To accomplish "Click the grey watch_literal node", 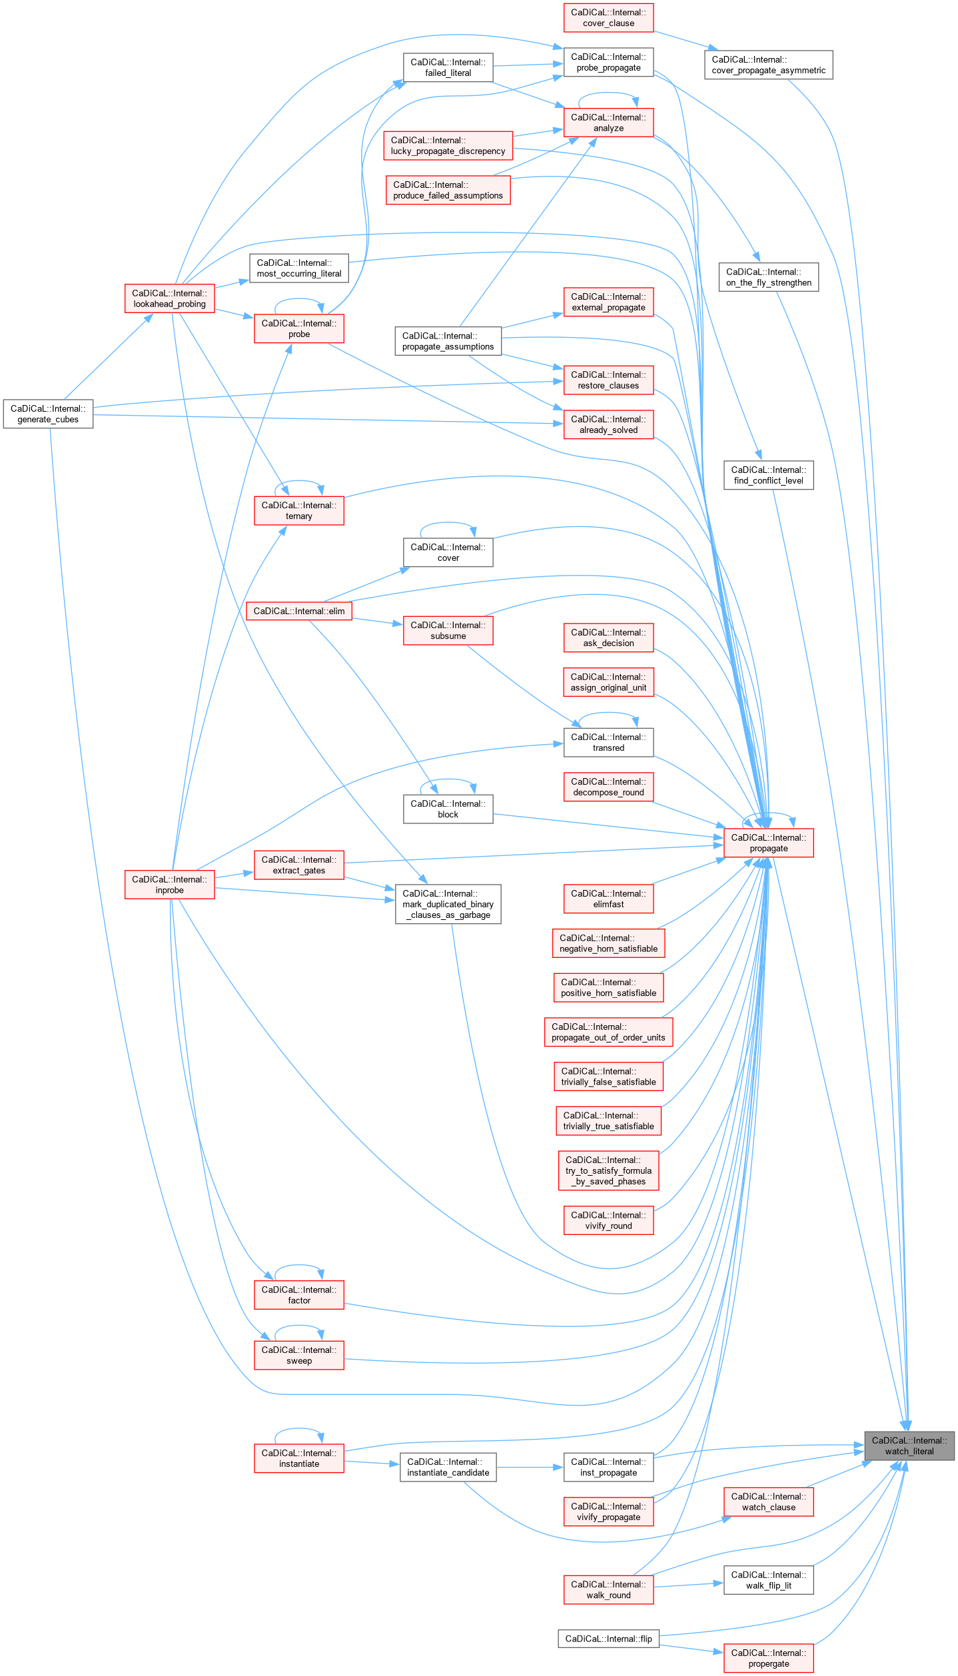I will [909, 1446].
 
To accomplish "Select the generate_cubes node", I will [48, 414].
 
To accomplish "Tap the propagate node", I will [768, 843].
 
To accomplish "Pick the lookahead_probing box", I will [169, 298].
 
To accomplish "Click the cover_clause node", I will [608, 17].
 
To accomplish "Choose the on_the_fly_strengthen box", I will [768, 277].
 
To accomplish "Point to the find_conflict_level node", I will [768, 475].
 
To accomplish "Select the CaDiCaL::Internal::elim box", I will [299, 611].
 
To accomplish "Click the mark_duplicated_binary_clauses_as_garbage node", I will [448, 904].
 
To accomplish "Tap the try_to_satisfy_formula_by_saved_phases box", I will [608, 1170].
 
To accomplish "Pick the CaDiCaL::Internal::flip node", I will [608, 1639].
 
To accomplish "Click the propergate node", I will [768, 1658].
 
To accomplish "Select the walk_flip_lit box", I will [768, 1580].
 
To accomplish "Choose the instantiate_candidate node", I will [448, 1467].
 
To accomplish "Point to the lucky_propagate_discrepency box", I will [448, 145].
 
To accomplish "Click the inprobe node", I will [169, 885].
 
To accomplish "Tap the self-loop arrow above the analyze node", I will [608, 95].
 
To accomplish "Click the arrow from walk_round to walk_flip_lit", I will [688, 1585].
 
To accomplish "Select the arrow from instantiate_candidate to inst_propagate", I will [530, 1467].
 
